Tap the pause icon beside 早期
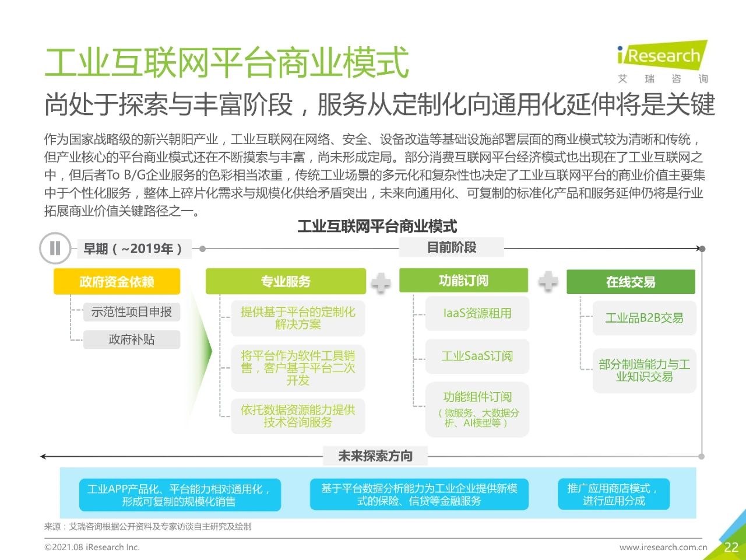(55, 249)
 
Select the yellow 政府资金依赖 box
(117, 281)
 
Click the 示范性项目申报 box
(132, 311)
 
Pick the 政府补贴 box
(132, 339)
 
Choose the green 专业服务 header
(286, 281)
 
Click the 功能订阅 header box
(463, 281)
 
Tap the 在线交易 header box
(631, 282)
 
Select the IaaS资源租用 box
(477, 313)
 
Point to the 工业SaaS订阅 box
(477, 356)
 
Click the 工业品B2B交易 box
(645, 318)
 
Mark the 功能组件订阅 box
(477, 409)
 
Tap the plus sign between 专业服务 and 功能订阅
(381, 282)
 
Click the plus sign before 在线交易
(548, 281)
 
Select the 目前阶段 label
(451, 247)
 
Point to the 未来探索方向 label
(375, 456)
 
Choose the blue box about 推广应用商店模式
(614, 494)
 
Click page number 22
(731, 547)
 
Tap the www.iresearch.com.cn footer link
(663, 547)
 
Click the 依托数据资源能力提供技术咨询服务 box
(298, 416)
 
